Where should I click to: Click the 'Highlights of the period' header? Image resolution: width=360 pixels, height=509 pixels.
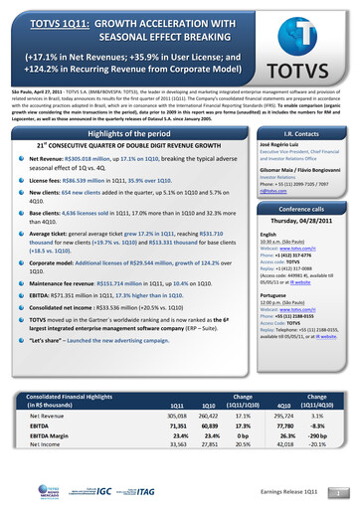pyautogui.click(x=131, y=134)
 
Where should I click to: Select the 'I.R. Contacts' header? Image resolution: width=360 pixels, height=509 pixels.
pyautogui.click(x=307, y=134)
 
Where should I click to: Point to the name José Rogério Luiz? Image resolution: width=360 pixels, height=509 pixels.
pyautogui.click(x=287, y=144)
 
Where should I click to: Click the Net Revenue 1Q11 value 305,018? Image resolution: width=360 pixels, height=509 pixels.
pyautogui.click(x=178, y=444)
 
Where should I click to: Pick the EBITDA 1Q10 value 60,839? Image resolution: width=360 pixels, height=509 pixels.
pyautogui.click(x=209, y=454)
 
